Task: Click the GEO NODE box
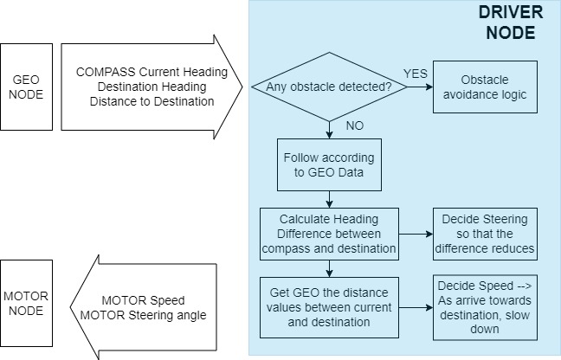point(26,87)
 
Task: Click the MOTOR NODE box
point(26,303)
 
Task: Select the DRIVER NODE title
point(511,22)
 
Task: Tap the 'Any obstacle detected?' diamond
point(329,87)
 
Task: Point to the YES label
point(416,74)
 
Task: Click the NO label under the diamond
point(355,125)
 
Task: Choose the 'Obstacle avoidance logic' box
point(485,87)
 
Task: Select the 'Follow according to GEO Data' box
point(329,164)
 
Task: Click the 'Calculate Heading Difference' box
point(329,234)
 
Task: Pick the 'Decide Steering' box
point(485,234)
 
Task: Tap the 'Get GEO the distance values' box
point(329,307)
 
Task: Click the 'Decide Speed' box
point(485,307)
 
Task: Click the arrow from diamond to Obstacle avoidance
point(420,87)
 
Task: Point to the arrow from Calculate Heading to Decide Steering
point(416,235)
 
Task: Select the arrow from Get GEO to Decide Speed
point(416,307)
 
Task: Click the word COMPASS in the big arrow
point(106,72)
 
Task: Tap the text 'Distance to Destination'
point(152,101)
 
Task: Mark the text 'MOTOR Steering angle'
point(143,315)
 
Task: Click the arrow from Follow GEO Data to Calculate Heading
point(329,200)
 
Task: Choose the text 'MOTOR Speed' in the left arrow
point(143,300)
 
